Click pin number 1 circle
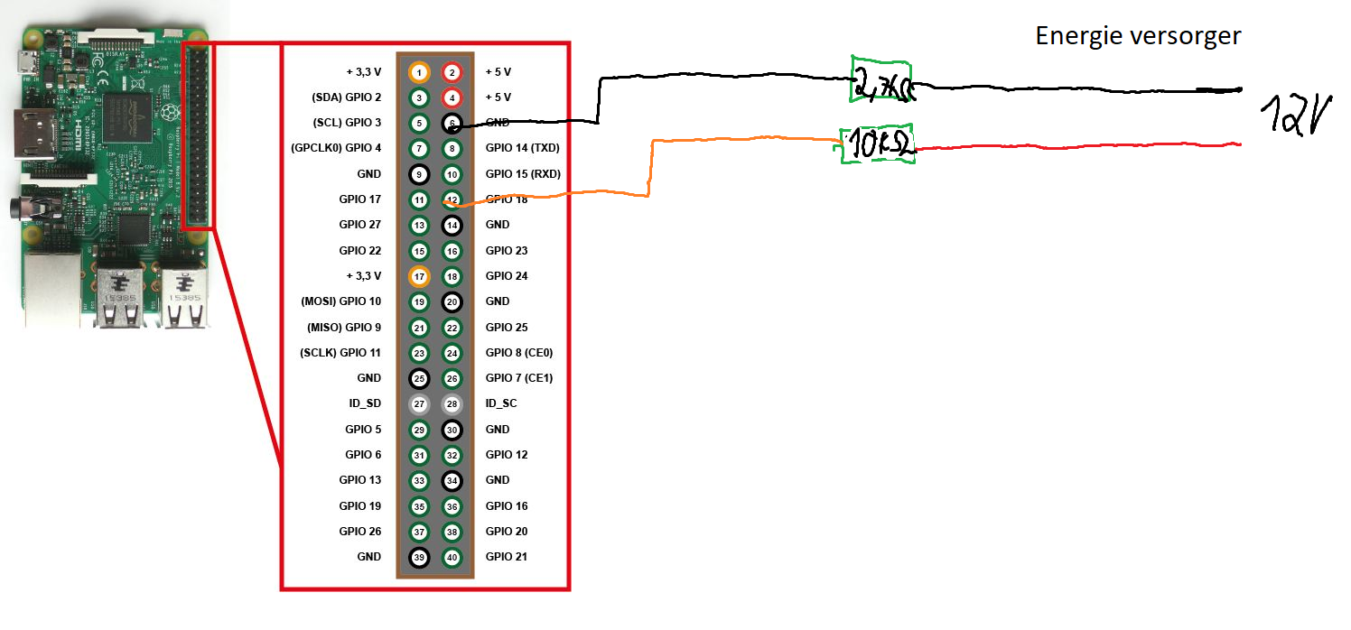419,71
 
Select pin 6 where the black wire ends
452,123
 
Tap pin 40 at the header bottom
452,557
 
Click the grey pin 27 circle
419,403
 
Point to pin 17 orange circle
419,276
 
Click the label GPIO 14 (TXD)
523,148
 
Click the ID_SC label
501,403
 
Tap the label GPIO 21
506,557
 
